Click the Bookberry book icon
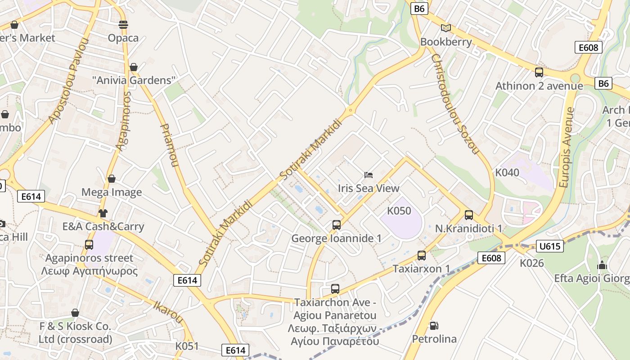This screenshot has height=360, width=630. click(x=445, y=28)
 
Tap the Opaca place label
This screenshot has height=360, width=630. click(x=123, y=38)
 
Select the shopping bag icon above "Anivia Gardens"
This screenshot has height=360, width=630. click(x=134, y=67)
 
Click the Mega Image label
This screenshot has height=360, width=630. click(x=112, y=192)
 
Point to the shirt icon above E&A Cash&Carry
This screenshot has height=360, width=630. click(x=103, y=213)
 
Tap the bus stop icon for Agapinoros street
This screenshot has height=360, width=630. click(x=89, y=245)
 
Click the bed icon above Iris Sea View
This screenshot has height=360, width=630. click(x=369, y=175)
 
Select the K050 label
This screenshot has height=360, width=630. click(x=399, y=211)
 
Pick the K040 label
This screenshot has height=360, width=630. click(x=507, y=172)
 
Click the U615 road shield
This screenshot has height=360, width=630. click(x=550, y=246)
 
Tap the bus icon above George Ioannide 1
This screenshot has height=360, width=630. click(x=336, y=225)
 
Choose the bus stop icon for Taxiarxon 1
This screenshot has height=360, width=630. click(x=422, y=256)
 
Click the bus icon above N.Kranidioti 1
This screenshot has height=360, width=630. click(x=469, y=215)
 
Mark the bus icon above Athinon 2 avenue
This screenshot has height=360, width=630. click(x=539, y=72)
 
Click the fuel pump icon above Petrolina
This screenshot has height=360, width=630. click(x=434, y=326)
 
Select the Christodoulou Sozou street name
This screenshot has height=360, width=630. click(x=454, y=103)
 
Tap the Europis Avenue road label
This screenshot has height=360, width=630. click(x=567, y=147)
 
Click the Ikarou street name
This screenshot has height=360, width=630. click(x=169, y=312)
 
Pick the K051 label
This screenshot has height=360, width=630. click(x=187, y=346)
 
